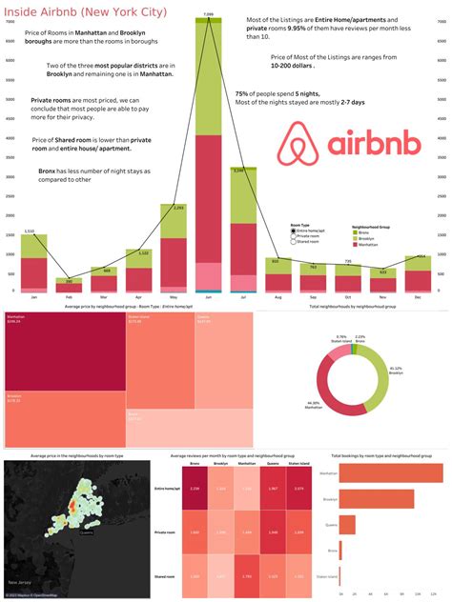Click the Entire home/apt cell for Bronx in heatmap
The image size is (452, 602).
tap(195, 488)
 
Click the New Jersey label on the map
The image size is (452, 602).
tap(20, 581)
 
